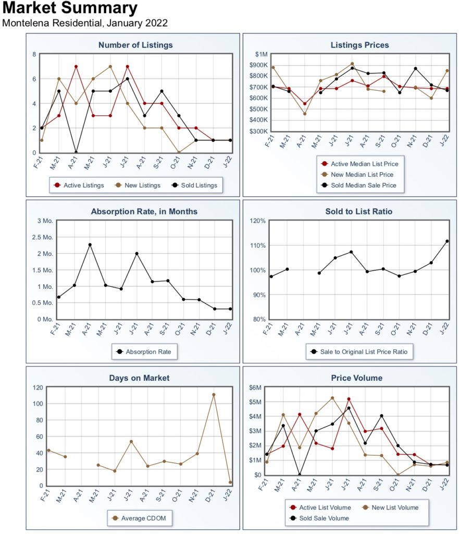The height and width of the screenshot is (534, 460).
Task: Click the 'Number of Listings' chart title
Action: [x=135, y=45]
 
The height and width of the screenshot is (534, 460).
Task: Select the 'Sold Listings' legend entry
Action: [x=195, y=185]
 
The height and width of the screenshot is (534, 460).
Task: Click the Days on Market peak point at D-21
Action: [x=214, y=395]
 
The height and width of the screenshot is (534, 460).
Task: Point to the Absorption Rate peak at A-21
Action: [x=90, y=245]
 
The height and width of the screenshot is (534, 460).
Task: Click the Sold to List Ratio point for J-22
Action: [x=447, y=241]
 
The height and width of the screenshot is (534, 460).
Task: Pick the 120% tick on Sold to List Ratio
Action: [x=257, y=221]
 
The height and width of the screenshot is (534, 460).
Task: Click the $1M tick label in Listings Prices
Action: [x=262, y=54]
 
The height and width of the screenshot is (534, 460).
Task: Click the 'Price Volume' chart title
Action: [x=356, y=378]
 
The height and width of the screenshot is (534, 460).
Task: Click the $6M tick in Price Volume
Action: [x=255, y=387]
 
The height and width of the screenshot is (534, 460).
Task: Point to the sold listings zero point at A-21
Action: [x=76, y=153]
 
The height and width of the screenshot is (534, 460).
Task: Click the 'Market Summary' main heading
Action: [x=70, y=8]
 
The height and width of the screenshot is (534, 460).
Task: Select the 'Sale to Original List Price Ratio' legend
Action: [x=359, y=352]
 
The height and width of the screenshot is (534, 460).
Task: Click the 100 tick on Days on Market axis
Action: [x=38, y=404]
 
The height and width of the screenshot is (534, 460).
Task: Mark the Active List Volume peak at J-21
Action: [x=349, y=399]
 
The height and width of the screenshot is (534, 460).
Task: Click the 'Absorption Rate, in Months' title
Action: [x=144, y=212]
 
